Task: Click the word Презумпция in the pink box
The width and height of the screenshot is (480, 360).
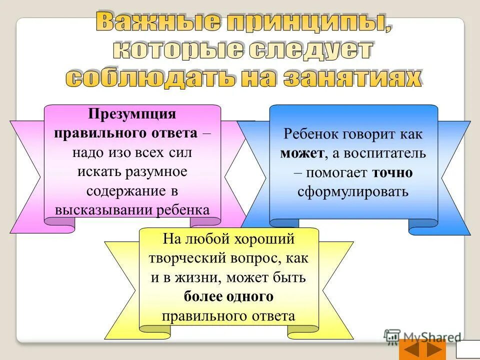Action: coord(132,114)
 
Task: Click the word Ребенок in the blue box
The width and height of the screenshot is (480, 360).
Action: coord(309,134)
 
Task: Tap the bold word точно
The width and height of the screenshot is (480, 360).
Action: coord(392,172)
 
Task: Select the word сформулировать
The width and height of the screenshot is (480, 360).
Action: coord(353,191)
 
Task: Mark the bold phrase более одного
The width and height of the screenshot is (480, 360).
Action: coord(228,296)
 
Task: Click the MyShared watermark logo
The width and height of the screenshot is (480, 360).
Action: coord(423,336)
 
